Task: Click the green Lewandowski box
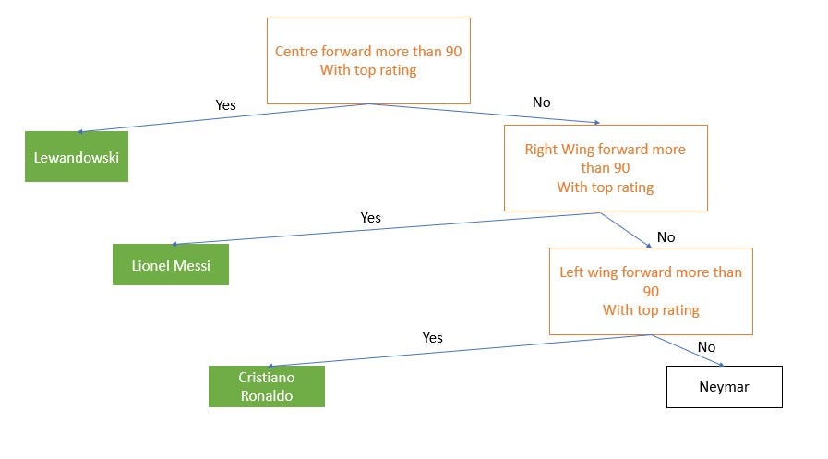pyautogui.click(x=76, y=156)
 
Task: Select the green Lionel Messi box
pyautogui.click(x=171, y=265)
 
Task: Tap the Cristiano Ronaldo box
pyautogui.click(x=267, y=386)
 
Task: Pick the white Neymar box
pyautogui.click(x=724, y=387)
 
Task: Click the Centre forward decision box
pyautogui.click(x=368, y=61)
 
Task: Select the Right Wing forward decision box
pyautogui.click(x=605, y=168)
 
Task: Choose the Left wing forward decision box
pyautogui.click(x=651, y=291)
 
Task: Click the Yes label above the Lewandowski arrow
pyautogui.click(x=225, y=105)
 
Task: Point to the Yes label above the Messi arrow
pyautogui.click(x=370, y=218)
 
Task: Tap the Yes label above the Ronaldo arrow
pyautogui.click(x=432, y=338)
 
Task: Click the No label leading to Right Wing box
pyautogui.click(x=541, y=103)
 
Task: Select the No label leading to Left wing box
pyautogui.click(x=666, y=237)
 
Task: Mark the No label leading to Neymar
pyautogui.click(x=706, y=347)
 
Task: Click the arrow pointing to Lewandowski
pyautogui.click(x=222, y=118)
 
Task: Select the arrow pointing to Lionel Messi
pyautogui.click(x=388, y=228)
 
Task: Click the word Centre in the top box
pyautogui.click(x=297, y=52)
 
